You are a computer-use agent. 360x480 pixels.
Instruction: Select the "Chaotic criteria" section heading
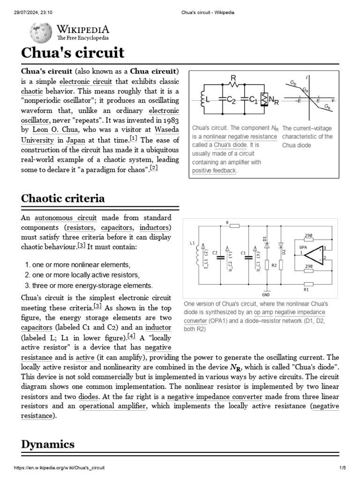[63, 198]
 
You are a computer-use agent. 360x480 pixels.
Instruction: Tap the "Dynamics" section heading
[48, 444]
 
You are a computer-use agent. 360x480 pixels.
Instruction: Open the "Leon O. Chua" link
[51, 129]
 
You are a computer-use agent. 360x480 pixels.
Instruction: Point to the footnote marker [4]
[131, 336]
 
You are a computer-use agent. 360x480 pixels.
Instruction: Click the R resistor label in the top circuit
[233, 77]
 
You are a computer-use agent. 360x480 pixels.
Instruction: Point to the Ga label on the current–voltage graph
[305, 90]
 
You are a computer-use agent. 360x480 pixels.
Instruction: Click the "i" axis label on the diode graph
[307, 77]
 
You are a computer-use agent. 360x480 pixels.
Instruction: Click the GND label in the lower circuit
[266, 295]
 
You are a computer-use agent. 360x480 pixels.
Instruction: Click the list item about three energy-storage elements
[92, 285]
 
